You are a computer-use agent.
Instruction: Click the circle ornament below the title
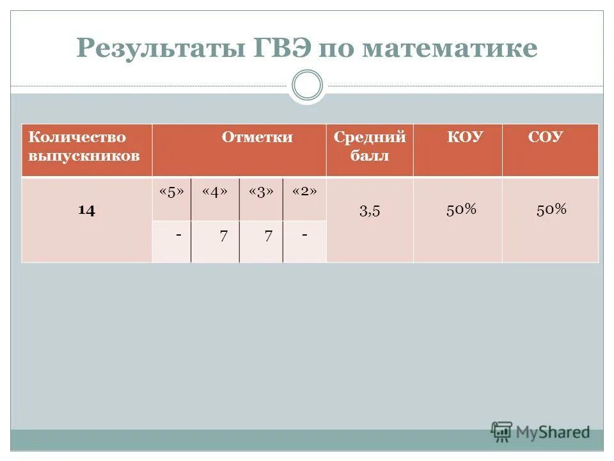pyautogui.click(x=307, y=86)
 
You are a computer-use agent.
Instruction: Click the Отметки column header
pyautogui.click(x=257, y=137)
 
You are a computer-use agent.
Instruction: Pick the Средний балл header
pyautogui.click(x=370, y=147)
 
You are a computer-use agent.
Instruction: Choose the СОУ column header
pyautogui.click(x=545, y=137)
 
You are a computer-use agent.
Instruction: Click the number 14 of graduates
pyautogui.click(x=87, y=211)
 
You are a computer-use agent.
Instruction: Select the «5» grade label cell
pyautogui.click(x=171, y=192)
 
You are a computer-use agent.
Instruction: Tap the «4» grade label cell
pyautogui.click(x=215, y=192)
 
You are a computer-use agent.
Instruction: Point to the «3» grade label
pyautogui.click(x=261, y=192)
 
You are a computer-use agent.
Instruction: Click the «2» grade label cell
pyautogui.click(x=304, y=192)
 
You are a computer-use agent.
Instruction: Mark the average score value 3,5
pyautogui.click(x=370, y=211)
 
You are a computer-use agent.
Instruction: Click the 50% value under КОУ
pyautogui.click(x=461, y=209)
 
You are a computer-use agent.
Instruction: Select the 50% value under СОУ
pyautogui.click(x=551, y=209)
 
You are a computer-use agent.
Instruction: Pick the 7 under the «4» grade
pyautogui.click(x=223, y=236)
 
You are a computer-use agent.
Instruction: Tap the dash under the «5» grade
pyautogui.click(x=178, y=235)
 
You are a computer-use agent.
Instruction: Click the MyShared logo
pyautogui.click(x=540, y=432)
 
